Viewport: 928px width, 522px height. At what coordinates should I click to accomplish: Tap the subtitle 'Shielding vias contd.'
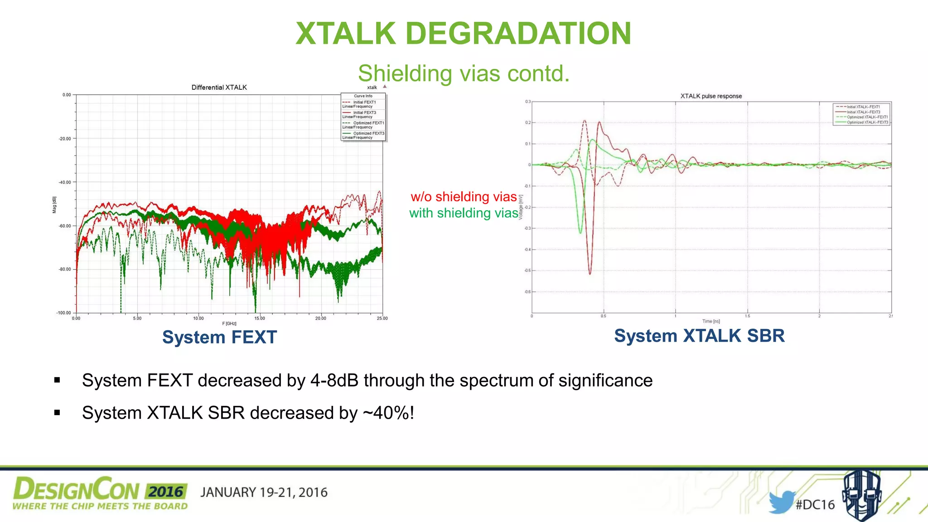click(x=464, y=73)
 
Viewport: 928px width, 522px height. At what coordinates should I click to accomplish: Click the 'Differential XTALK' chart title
click(x=219, y=87)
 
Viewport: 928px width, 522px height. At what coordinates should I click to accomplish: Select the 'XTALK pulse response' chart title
click(x=710, y=96)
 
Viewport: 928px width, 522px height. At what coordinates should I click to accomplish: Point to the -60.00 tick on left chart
click(x=65, y=226)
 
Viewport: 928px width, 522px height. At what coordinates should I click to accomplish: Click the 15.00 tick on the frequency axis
click(x=259, y=319)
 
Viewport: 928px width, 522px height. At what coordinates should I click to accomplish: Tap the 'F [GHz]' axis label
click(x=229, y=324)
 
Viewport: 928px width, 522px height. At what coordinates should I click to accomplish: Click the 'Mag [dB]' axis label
click(x=54, y=205)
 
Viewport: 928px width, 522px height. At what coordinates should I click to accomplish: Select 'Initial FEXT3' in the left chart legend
click(x=364, y=112)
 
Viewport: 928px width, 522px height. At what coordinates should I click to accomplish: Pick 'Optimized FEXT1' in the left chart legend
click(x=368, y=123)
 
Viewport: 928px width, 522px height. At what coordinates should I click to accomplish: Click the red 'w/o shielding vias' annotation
click(x=464, y=197)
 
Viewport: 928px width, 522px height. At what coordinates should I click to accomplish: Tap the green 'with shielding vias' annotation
click(x=464, y=213)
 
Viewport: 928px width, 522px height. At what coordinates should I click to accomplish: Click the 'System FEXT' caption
click(x=219, y=337)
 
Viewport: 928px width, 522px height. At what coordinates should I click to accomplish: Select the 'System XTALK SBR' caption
click(x=699, y=336)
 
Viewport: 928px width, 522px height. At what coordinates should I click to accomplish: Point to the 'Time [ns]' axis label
click(x=711, y=321)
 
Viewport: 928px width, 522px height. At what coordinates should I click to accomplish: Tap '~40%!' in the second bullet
click(x=388, y=413)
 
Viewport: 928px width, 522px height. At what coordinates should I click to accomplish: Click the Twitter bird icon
click(x=781, y=502)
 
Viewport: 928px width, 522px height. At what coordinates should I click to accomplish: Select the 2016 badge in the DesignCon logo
click(x=166, y=492)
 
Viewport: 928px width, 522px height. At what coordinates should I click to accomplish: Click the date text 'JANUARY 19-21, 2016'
click(x=264, y=493)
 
